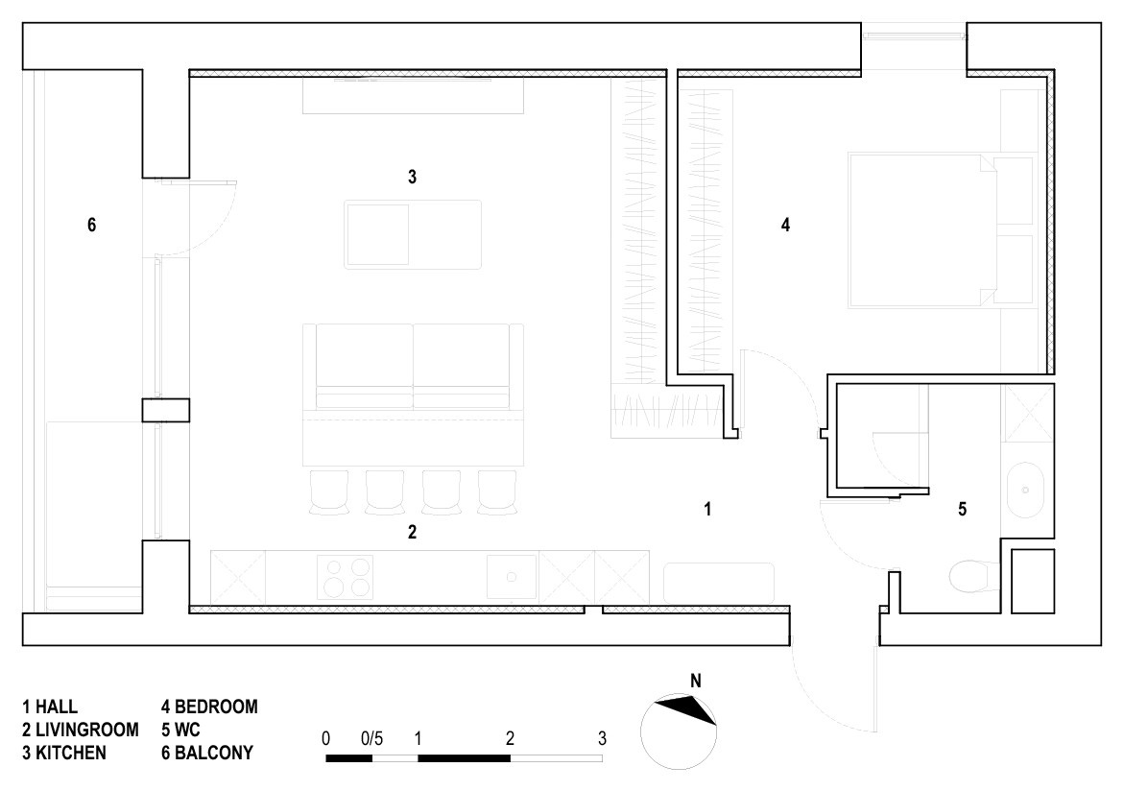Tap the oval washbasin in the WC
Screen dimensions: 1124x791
click(1026, 491)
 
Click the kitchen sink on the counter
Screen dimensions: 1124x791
click(512, 577)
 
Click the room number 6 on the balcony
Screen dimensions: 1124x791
click(92, 226)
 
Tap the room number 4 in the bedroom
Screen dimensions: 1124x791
click(786, 226)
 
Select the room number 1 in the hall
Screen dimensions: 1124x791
click(707, 509)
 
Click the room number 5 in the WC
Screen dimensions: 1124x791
click(962, 509)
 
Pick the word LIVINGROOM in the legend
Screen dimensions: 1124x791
click(87, 731)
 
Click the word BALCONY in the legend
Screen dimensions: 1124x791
click(214, 753)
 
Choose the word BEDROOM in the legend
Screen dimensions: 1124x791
click(217, 707)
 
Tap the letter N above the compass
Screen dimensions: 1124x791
click(695, 682)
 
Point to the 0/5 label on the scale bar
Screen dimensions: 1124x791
click(372, 738)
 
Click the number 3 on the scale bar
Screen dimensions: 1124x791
click(602, 738)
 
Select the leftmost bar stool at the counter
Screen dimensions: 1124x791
click(329, 491)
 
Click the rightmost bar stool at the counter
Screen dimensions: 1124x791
click(497, 491)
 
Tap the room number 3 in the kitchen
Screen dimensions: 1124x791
click(412, 178)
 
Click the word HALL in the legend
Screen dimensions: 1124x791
click(57, 707)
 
